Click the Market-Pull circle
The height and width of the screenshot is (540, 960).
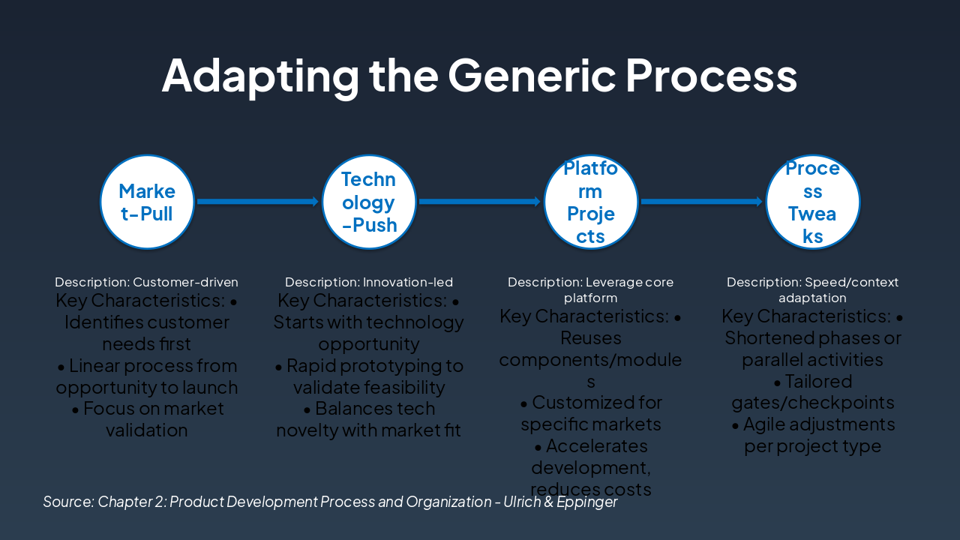(147, 202)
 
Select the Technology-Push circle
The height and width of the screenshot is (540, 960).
(369, 202)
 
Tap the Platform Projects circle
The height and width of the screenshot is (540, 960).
(591, 202)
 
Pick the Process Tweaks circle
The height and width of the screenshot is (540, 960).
(813, 202)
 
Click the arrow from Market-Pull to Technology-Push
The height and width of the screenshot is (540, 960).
(258, 201)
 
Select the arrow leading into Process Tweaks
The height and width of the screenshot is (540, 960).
(702, 201)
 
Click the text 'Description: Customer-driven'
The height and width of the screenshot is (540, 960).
(147, 283)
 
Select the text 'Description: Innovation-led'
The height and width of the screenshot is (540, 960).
(369, 283)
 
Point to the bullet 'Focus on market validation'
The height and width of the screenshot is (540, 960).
(147, 419)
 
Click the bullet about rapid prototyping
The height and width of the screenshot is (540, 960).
(369, 376)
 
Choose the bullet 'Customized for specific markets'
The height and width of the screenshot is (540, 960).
(591, 413)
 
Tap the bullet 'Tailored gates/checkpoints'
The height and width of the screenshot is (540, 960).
(813, 391)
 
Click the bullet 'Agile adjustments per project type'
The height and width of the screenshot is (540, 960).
(813, 435)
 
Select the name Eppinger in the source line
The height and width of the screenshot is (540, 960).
(587, 502)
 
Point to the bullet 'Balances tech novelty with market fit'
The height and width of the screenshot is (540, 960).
(369, 419)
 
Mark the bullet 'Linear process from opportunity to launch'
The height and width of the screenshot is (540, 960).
(147, 376)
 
